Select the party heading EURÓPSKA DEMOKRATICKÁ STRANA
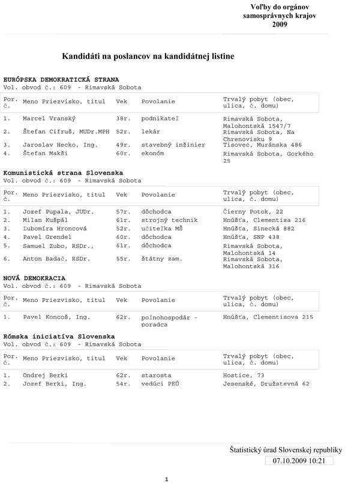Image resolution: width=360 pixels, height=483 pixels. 61,79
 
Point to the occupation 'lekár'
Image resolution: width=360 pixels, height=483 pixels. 151,131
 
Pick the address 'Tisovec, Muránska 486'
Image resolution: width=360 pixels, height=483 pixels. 260,145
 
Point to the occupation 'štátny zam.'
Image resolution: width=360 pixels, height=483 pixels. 161,259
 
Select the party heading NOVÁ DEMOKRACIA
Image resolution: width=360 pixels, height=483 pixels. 35,279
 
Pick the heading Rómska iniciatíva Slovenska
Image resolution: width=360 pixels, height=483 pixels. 59,337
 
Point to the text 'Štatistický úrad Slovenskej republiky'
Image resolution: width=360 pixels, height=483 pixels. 286,449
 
